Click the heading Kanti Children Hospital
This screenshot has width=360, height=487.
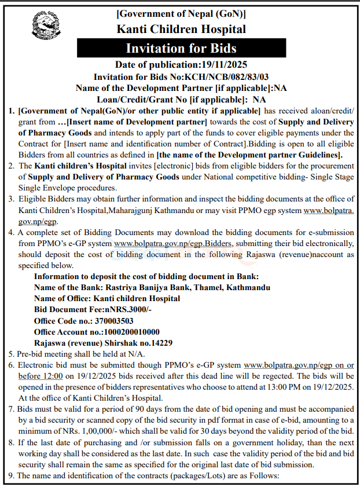coord(181,29)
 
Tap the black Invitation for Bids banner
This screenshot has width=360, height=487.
coord(181,48)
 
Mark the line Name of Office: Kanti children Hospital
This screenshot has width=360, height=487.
coord(107,298)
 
